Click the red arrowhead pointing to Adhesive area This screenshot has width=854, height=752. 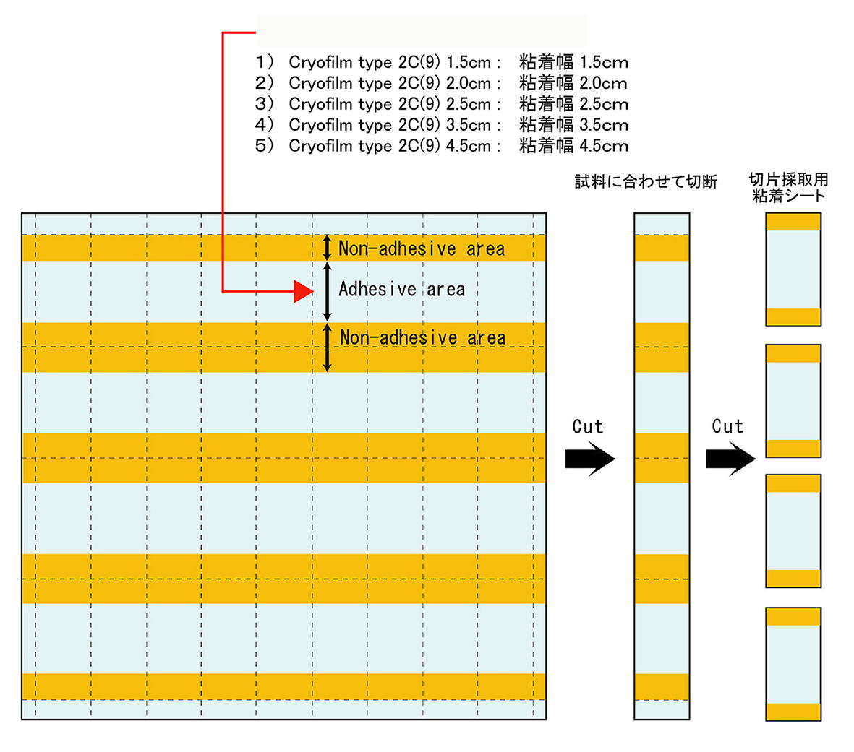[x=304, y=291]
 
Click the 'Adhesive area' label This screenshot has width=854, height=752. [x=402, y=289]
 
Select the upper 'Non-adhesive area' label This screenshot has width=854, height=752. [x=422, y=248]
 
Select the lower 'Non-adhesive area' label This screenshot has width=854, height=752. [x=422, y=337]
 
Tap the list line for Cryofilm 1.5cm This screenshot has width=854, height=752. [x=442, y=62]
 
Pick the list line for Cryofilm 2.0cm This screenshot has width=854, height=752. [x=442, y=82]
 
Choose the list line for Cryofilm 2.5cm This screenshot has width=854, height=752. [x=442, y=103]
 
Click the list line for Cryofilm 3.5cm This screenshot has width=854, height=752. [x=442, y=124]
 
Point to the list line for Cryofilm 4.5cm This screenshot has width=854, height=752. [x=442, y=145]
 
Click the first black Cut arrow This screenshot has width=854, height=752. [x=590, y=459]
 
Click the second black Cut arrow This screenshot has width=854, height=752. [x=730, y=459]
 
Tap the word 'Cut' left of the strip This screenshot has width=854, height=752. [x=588, y=427]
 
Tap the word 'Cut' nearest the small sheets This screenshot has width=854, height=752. [x=727, y=426]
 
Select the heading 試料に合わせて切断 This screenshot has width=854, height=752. [x=646, y=181]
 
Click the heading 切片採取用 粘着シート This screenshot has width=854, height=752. [x=789, y=187]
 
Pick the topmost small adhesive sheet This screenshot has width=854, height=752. [x=793, y=269]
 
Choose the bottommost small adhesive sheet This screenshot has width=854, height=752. [x=793, y=665]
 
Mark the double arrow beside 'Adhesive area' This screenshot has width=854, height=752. [x=328, y=291]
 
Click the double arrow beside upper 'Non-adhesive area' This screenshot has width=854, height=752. [x=327, y=248]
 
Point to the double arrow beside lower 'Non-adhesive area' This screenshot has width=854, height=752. [x=328, y=347]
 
